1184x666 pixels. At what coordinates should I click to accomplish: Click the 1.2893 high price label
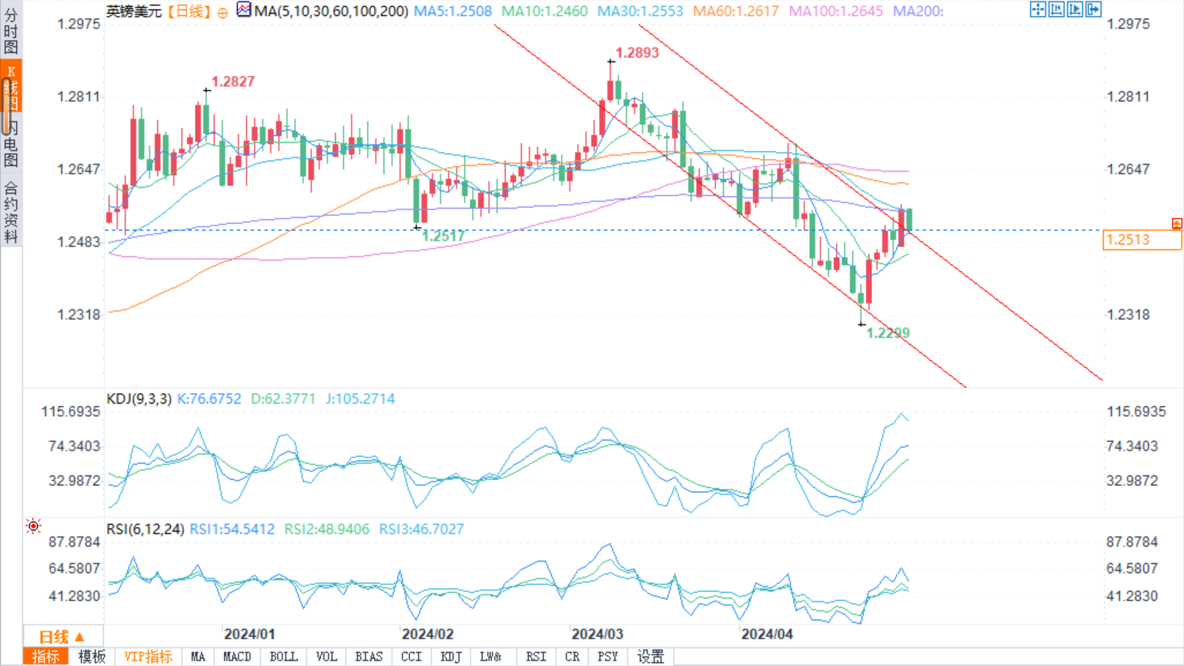(x=637, y=53)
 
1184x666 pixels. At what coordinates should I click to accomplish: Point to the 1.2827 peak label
(x=232, y=82)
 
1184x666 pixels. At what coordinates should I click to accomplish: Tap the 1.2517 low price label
(x=443, y=236)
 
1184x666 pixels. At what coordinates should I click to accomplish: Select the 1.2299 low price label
(x=888, y=333)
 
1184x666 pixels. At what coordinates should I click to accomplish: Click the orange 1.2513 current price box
(x=1141, y=240)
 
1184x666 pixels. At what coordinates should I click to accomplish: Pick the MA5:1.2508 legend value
(x=453, y=12)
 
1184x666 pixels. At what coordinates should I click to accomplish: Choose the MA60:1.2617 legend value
(x=735, y=12)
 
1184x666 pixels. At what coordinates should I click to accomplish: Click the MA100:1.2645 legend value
(x=835, y=12)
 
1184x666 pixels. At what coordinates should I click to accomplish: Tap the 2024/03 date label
(x=597, y=634)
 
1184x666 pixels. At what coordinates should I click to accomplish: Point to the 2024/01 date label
(x=249, y=634)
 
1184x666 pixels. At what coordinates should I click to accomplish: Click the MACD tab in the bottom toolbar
(x=236, y=657)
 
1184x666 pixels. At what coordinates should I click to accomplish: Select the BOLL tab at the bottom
(x=283, y=657)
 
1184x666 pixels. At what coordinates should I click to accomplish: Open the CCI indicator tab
(x=411, y=657)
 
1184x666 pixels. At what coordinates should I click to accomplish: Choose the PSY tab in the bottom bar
(x=607, y=657)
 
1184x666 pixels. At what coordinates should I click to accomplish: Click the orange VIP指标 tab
(x=149, y=657)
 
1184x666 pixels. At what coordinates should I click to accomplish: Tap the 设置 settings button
(x=651, y=657)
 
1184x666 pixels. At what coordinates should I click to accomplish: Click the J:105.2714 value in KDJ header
(x=360, y=399)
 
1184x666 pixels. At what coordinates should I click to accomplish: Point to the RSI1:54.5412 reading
(x=232, y=529)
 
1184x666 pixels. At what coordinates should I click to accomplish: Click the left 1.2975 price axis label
(x=79, y=24)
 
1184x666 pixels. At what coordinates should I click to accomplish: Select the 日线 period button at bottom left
(x=61, y=637)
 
